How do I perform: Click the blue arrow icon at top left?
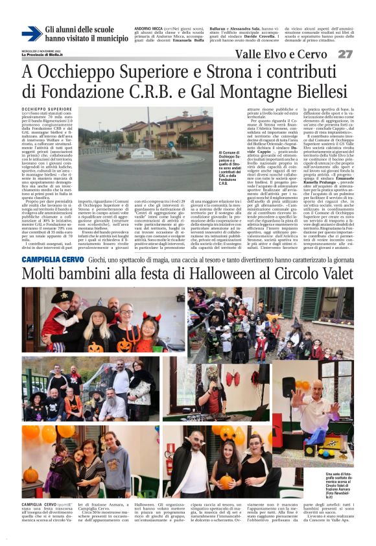31,33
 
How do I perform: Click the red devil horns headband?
148,316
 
